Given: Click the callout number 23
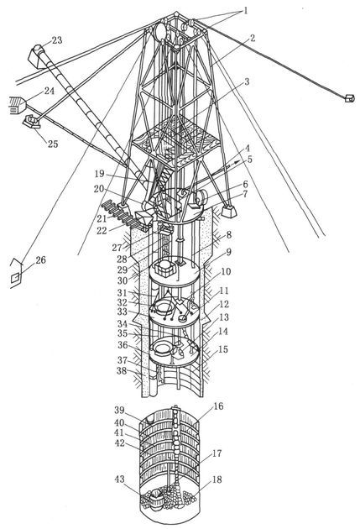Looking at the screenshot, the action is click(x=57, y=40).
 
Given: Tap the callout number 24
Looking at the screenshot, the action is click(x=49, y=91).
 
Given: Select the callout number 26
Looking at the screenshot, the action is click(x=40, y=260).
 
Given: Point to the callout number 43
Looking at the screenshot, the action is click(x=120, y=479).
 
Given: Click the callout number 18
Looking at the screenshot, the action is click(x=217, y=479).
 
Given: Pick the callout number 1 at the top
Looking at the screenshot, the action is click(x=246, y=11).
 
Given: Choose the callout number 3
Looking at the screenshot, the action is click(x=247, y=81).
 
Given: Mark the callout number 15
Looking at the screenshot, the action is click(x=223, y=349).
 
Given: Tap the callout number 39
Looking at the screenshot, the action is click(x=120, y=411).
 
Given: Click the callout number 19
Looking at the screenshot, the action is click(x=99, y=174).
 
